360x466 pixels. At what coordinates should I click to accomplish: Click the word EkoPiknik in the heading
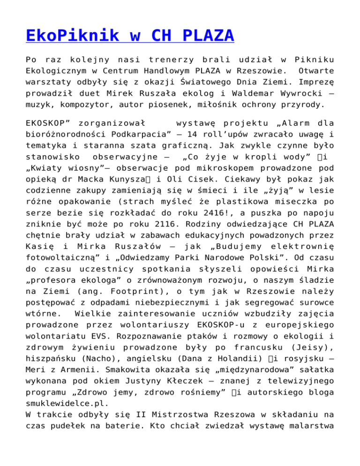[65, 35]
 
